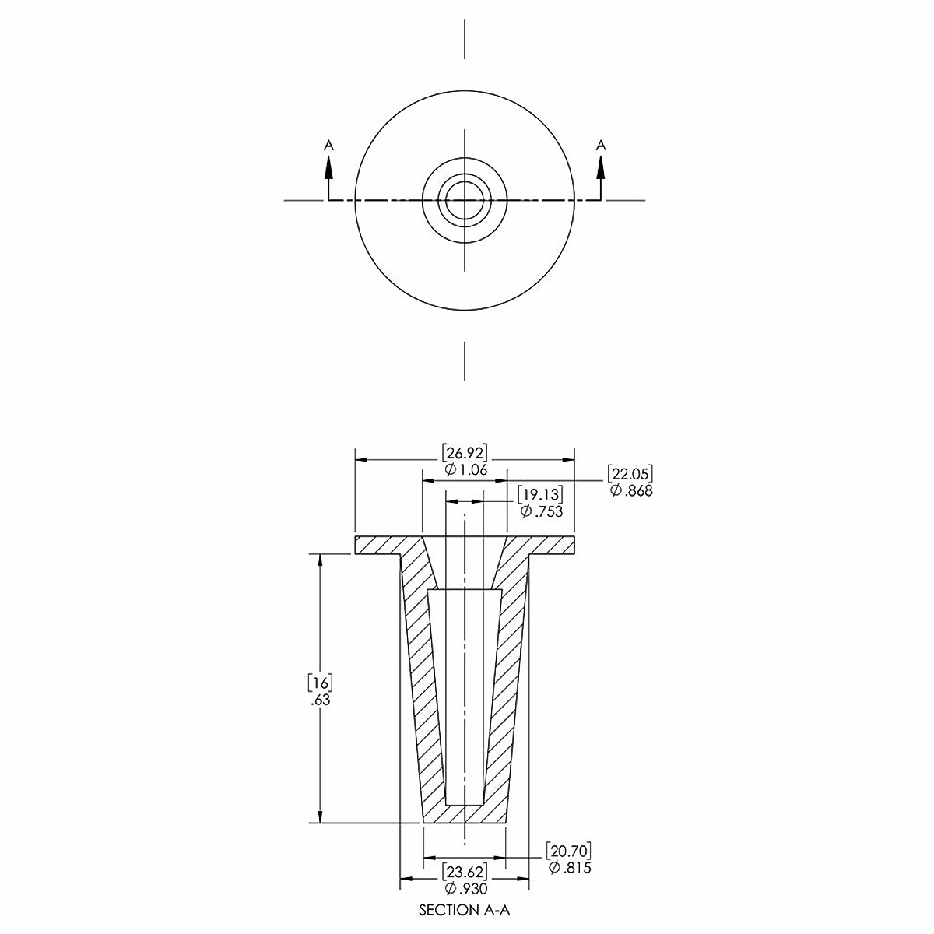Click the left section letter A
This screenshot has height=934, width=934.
329,145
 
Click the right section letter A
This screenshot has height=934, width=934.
601,145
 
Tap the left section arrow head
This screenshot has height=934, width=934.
329,169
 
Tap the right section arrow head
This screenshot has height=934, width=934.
601,169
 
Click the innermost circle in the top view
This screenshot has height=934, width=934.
465,182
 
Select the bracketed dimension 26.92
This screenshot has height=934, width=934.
465,453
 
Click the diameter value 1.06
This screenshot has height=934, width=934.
465,469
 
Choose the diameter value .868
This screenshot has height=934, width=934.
631,490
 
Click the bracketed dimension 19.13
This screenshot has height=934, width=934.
540,494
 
